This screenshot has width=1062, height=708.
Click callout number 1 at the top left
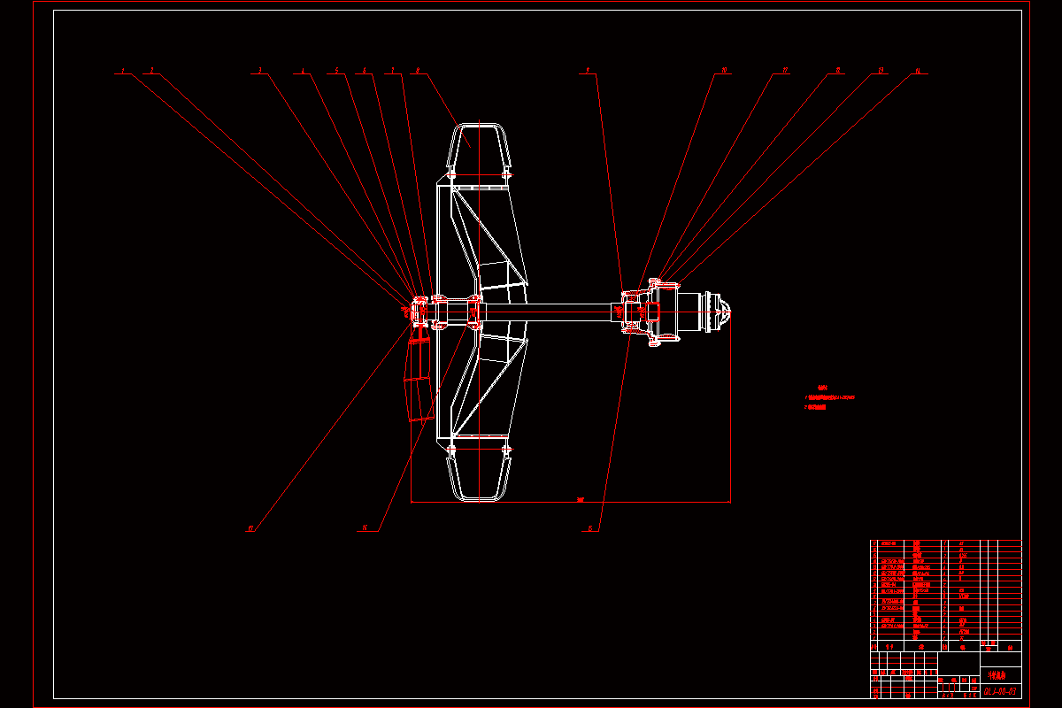(x=123, y=70)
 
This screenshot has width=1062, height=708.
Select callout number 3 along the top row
(x=259, y=70)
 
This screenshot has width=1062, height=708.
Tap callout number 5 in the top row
(x=335, y=70)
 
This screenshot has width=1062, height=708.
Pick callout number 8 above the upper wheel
(x=416, y=70)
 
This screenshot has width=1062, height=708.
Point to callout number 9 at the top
(x=586, y=70)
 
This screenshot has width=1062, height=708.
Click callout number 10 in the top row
(x=725, y=70)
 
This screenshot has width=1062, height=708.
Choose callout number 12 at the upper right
(x=838, y=70)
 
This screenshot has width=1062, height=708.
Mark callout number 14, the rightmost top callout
(x=918, y=70)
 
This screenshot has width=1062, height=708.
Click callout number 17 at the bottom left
(x=250, y=529)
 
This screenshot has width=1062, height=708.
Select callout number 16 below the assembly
(x=364, y=529)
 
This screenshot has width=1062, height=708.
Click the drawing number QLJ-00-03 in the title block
(x=999, y=689)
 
